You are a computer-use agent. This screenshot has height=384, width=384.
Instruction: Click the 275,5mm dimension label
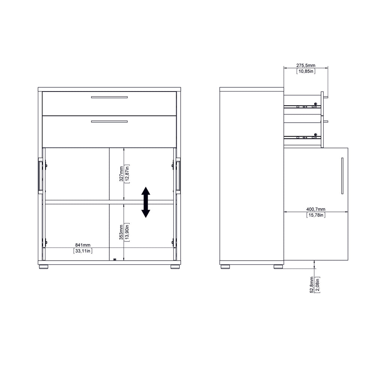click(306, 65)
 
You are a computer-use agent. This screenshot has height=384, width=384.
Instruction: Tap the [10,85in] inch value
click(306, 71)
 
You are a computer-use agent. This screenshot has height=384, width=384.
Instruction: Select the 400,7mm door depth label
click(316, 209)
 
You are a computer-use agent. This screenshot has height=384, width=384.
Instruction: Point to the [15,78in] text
click(316, 215)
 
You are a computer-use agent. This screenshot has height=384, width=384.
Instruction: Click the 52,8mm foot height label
click(312, 285)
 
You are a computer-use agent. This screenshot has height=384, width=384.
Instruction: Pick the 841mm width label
click(83, 245)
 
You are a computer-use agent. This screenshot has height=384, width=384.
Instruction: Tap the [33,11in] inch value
click(83, 251)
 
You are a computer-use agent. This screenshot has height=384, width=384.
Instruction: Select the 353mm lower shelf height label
click(121, 232)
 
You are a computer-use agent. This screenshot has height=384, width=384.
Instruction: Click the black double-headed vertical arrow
click(145, 202)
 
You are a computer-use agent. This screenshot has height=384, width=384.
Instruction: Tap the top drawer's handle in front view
click(109, 97)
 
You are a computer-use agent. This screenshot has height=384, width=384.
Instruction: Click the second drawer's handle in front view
click(109, 121)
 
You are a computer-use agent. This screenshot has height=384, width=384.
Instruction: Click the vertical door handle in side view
click(342, 175)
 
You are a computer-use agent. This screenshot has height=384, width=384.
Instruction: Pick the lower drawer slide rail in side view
click(303, 137)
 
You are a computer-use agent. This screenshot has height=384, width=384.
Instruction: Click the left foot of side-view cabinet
click(225, 267)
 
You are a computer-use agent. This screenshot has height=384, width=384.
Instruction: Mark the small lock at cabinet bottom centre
click(114, 259)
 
